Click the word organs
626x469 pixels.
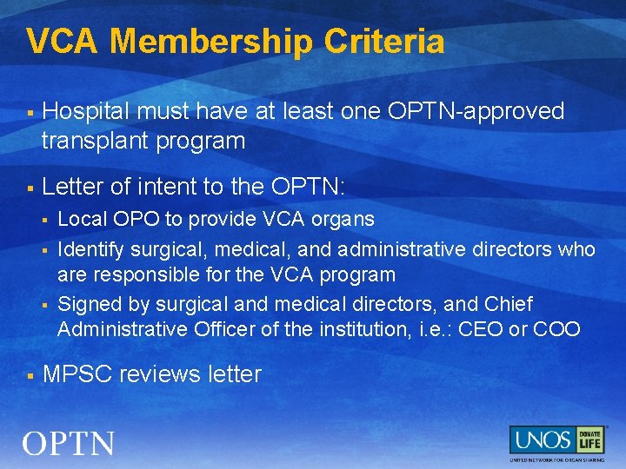345,219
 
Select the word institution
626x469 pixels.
346,329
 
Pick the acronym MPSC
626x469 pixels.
77,374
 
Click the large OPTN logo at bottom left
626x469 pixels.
69,444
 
